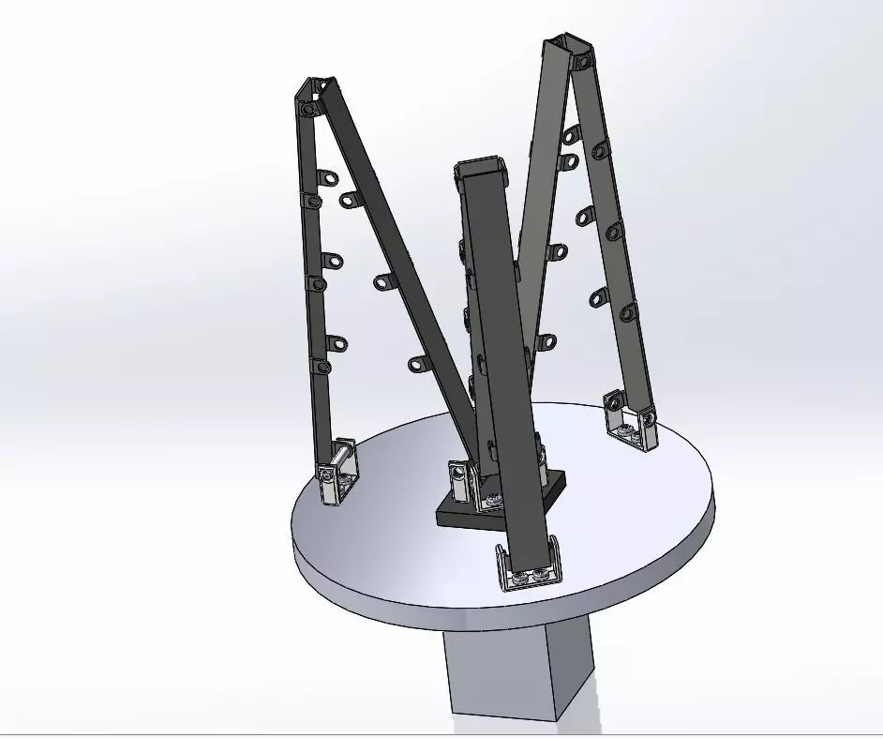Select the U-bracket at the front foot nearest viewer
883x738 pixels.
tap(530, 566)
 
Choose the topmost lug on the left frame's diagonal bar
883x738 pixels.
tap(350, 198)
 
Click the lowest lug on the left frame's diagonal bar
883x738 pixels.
tap(415, 362)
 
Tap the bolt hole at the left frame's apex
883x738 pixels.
tap(307, 107)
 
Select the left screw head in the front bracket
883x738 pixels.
tap(519, 573)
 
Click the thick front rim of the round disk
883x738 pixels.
tap(487, 605)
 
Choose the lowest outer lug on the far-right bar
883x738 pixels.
tap(628, 309)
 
